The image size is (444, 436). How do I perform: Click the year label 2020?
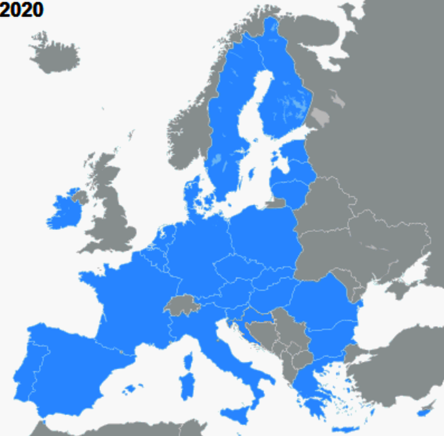coord(22,10)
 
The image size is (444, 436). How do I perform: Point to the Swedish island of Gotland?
coord(252,174)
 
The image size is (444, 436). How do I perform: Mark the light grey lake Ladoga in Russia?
coord(321,116)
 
